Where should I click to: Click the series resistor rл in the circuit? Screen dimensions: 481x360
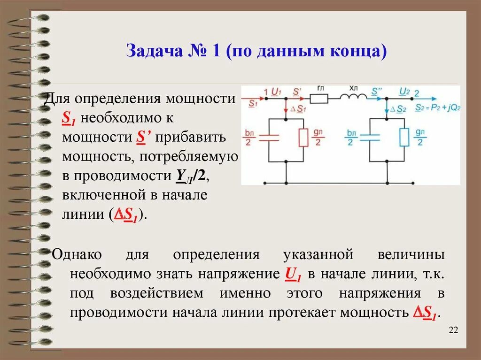(319, 99)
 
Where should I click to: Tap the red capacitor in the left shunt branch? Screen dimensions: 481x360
(269, 138)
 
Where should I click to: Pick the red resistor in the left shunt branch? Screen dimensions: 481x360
(303, 138)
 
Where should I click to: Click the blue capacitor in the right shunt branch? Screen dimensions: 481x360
(370, 138)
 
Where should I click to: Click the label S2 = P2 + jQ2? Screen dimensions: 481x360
(438, 107)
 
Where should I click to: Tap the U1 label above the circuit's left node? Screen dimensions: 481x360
(276, 91)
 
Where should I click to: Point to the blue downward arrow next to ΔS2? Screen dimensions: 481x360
(387, 109)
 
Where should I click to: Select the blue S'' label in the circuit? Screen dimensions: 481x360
(376, 91)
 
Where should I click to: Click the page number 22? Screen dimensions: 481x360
(453, 330)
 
